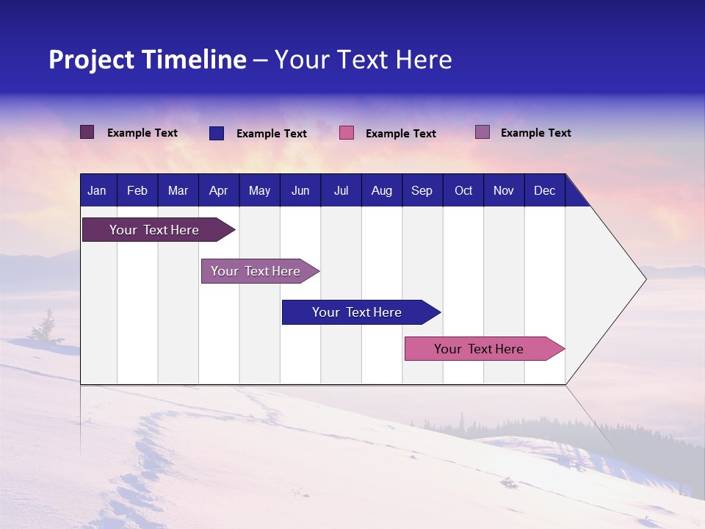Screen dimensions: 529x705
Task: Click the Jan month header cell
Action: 98,190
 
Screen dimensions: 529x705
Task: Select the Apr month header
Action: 219,190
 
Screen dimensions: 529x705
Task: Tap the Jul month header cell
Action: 341,190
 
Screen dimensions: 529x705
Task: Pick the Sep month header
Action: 422,190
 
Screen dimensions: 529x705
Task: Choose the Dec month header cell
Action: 544,190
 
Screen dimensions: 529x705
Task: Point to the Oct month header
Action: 463,190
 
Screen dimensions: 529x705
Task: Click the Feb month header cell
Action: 137,190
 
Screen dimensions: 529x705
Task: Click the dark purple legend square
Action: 87,132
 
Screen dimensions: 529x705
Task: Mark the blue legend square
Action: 217,133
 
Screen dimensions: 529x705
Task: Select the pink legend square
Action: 347,133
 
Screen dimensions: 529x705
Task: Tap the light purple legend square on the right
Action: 482,132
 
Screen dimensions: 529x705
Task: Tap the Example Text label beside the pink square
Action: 400,134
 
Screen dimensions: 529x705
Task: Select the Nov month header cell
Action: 504,190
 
